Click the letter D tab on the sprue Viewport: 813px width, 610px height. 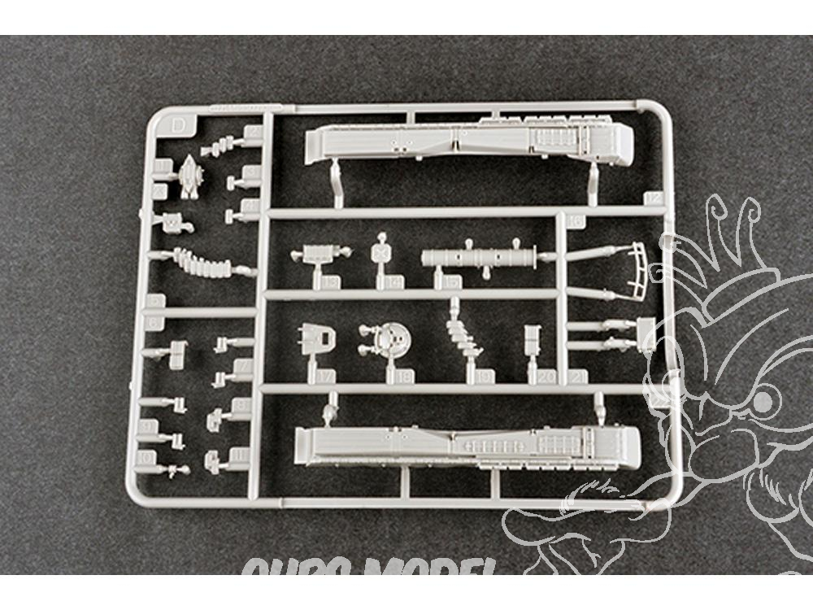pos(179,124)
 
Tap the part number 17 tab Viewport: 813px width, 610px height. pos(327,376)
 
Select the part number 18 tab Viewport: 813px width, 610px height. pos(404,376)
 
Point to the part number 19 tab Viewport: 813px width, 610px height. pos(485,376)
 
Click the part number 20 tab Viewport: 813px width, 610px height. pos(546,376)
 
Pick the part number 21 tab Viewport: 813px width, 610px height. pos(579,376)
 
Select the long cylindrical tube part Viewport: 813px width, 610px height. pos(480,258)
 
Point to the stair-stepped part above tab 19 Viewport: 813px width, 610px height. pos(464,335)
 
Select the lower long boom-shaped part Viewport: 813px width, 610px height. pos(467,446)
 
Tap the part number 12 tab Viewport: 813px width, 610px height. pos(653,199)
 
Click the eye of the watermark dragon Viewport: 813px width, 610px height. pos(762,401)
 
